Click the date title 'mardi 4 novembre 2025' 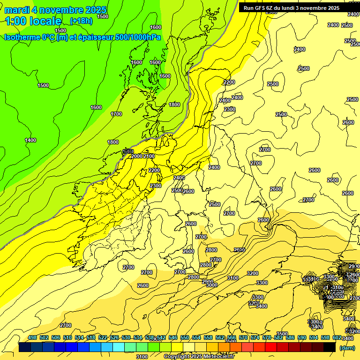(55, 10)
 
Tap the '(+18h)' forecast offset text (81, 21)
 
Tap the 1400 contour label (30, 140)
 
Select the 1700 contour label (116, 114)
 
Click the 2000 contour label (137, 156)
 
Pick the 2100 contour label (149, 156)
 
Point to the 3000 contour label (212, 285)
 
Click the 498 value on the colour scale (32, 337)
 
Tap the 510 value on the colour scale (67, 337)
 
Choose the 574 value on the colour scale (255, 337)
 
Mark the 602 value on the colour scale (337, 337)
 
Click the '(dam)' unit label (347, 348)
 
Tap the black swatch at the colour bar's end (330, 347)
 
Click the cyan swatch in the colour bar (119, 347)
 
